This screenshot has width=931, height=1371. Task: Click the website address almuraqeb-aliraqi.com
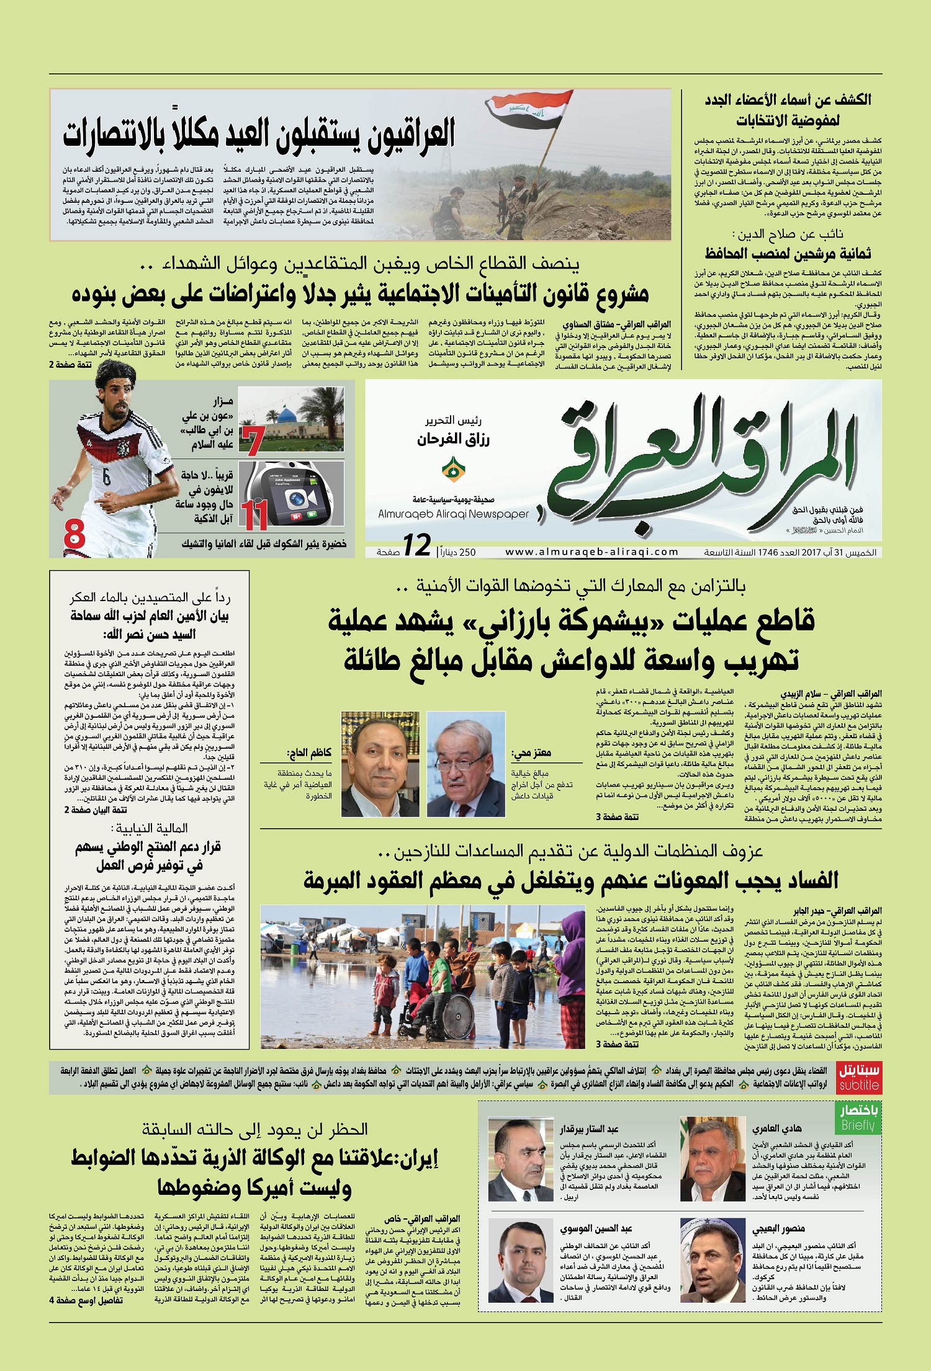(591, 552)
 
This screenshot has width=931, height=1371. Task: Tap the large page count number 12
(416, 546)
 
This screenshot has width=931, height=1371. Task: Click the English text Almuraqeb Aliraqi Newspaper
(453, 514)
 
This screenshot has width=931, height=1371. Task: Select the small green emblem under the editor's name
(454, 470)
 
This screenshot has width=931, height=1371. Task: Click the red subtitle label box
(859, 1078)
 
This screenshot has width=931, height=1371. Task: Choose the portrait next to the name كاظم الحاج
(380, 764)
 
